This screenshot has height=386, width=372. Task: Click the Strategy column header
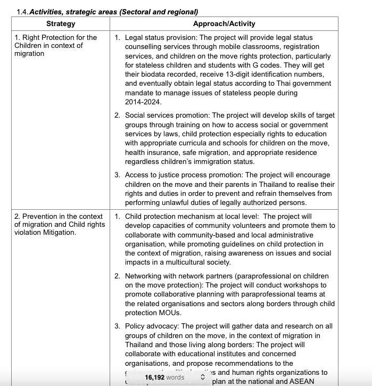click(x=61, y=23)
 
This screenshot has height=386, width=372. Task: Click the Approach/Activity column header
click(x=224, y=23)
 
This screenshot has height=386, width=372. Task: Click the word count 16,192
click(x=154, y=377)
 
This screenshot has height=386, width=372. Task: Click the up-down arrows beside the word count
click(x=202, y=377)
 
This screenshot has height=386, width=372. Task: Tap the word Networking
click(x=145, y=276)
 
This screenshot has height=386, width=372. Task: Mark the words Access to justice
click(x=154, y=175)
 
